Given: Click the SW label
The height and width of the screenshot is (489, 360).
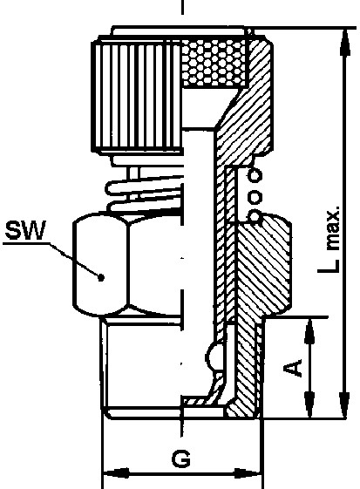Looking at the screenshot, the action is click(25, 230).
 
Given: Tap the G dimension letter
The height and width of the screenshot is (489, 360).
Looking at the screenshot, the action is click(181, 458).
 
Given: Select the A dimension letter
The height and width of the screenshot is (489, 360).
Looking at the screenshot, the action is click(293, 367).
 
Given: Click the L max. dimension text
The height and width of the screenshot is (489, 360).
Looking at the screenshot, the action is click(329, 239).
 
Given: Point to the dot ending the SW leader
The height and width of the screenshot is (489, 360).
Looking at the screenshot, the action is click(101, 277).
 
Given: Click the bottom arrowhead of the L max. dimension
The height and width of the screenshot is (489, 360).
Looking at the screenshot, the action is click(345, 404).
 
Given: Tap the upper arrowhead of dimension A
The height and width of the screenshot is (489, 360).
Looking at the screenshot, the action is click(309, 331).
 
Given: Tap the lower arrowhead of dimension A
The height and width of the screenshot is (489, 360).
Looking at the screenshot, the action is click(309, 404).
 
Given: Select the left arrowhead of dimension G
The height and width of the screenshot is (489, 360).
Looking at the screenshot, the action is click(116, 473).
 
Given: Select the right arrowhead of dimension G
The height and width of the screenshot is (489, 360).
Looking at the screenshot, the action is click(247, 473).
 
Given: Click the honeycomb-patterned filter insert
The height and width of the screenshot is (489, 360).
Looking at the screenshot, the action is click(214, 63).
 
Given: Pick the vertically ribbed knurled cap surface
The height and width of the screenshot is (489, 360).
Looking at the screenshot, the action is click(137, 97).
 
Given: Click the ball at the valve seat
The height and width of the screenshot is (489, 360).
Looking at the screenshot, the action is click(214, 357).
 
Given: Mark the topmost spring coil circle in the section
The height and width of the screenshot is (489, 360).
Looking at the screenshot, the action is click(255, 176).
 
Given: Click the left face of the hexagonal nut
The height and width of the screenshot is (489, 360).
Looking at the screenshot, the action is click(100, 265).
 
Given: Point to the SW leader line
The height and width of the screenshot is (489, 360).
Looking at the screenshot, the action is click(75, 260).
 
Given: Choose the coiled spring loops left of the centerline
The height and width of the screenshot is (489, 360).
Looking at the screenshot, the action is click(144, 194).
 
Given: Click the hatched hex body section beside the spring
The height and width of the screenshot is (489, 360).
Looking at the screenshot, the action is click(264, 268).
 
